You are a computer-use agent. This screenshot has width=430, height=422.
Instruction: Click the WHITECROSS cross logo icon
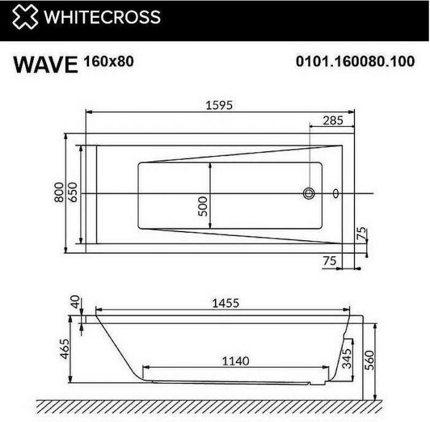click(24, 18)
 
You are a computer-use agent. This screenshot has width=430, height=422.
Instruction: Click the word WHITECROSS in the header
click(101, 17)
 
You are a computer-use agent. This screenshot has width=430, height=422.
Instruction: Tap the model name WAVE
click(45, 64)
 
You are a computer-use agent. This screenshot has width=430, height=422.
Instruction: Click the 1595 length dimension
click(219, 105)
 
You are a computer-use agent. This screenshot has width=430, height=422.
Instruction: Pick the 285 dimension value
click(332, 120)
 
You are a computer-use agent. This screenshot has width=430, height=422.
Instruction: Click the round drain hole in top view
click(308, 194)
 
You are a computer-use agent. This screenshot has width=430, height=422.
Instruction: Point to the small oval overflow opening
click(335, 194)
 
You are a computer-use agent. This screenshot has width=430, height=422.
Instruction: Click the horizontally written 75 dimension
click(329, 260)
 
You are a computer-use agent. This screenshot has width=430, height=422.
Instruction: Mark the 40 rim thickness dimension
click(76, 303)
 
